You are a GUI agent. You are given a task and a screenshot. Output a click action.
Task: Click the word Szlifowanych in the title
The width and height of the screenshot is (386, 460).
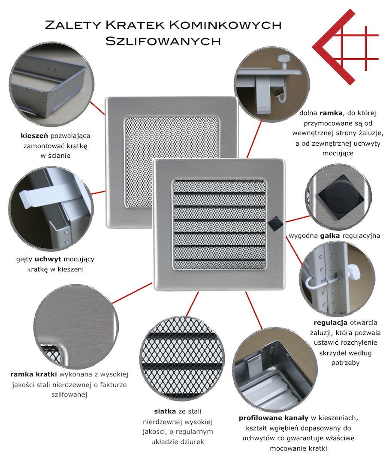(163, 41)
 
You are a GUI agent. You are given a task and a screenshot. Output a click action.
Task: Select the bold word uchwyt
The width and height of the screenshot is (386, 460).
(48, 259)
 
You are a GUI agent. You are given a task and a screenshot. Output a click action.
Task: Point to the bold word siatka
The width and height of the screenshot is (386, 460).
(165, 411)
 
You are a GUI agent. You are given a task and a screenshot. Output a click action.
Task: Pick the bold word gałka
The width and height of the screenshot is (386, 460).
(330, 236)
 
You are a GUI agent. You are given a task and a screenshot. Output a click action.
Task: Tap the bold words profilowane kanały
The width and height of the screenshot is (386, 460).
(274, 418)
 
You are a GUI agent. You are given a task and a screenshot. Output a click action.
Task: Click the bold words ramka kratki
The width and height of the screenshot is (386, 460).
(34, 374)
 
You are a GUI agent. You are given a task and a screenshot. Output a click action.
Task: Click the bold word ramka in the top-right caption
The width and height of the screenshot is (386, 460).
(331, 113)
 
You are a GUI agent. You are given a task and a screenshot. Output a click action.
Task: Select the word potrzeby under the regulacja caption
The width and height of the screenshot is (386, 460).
(346, 363)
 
